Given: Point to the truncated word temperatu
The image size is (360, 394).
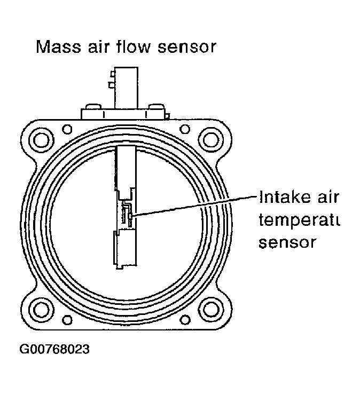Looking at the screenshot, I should click(299, 220).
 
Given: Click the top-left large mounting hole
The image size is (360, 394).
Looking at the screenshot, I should click(41, 140).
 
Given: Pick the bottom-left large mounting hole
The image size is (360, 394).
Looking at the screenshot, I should click(41, 308).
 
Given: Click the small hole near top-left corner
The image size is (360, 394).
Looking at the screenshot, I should click(67, 129).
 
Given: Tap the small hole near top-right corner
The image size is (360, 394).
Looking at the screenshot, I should click(184, 129).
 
